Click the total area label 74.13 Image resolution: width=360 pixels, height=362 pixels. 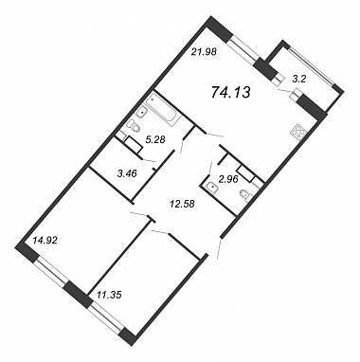230,93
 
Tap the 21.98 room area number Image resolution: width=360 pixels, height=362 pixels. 205,51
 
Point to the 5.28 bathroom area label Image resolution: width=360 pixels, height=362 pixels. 155,139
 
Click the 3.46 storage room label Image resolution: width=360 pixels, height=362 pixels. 126,173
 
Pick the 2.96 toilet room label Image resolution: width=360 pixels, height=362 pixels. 227,179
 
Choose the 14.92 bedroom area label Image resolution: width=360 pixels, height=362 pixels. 45,242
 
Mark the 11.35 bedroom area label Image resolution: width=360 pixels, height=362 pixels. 109,296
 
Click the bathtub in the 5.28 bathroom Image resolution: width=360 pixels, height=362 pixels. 164,108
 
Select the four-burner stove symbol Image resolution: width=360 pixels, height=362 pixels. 297,133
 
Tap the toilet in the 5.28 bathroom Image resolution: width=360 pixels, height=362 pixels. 134,126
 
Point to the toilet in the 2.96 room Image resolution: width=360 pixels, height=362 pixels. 246,194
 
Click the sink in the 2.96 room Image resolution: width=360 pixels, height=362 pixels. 212,188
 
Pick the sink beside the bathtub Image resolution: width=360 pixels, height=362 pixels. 142,112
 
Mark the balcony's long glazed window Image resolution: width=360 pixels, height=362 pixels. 312,66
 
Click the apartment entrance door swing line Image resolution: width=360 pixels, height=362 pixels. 220,249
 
